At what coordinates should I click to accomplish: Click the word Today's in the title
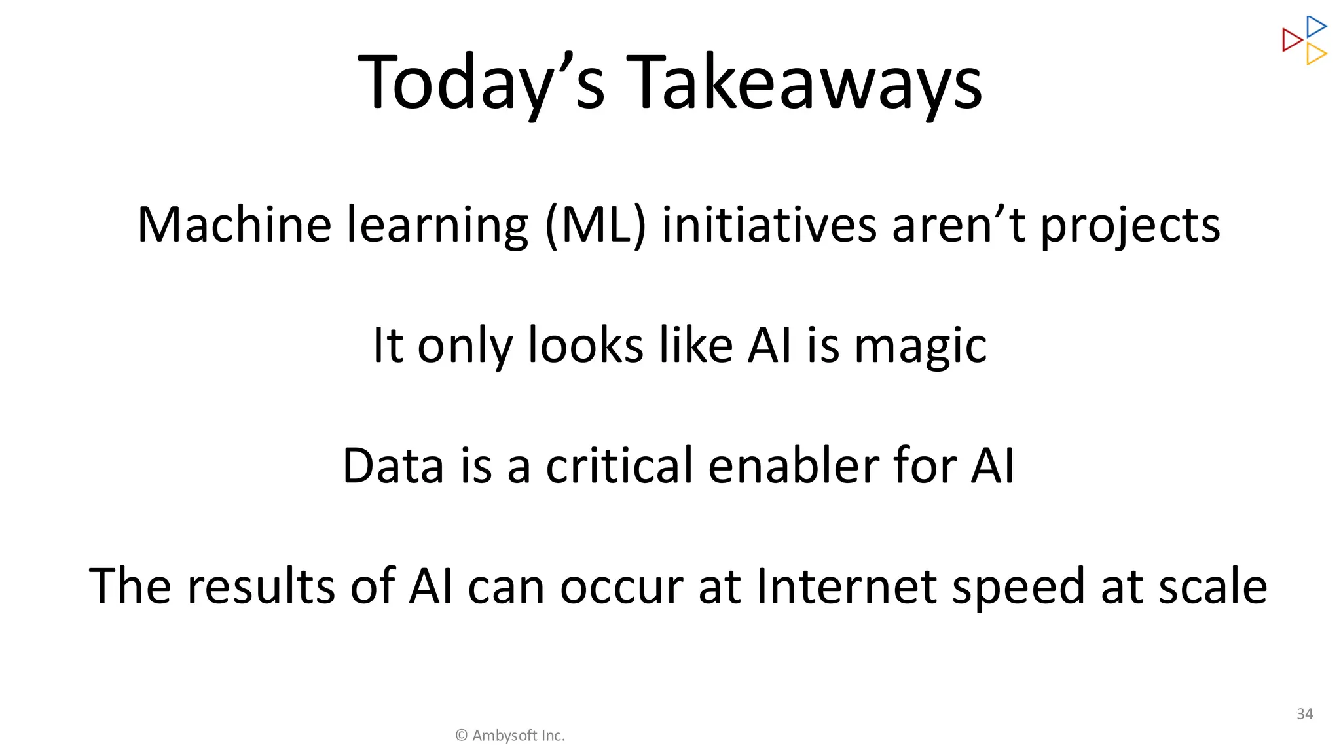481,84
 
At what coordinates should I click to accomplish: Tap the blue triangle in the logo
1315,27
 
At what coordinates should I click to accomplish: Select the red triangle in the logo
1291,40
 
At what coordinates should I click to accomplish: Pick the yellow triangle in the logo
1315,54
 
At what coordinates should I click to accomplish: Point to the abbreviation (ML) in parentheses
595,225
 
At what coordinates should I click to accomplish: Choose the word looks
585,345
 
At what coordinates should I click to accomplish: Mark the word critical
619,466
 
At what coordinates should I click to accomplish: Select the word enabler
793,466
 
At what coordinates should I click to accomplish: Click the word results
261,586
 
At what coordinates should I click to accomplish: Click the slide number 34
1304,714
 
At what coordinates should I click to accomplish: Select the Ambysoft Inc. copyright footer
510,736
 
